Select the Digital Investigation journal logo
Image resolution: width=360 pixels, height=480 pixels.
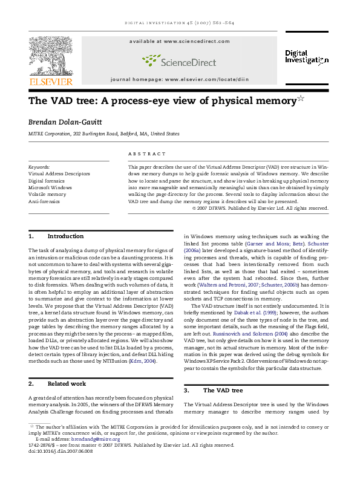point(306,57)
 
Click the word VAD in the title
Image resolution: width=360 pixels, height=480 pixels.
point(60,100)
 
